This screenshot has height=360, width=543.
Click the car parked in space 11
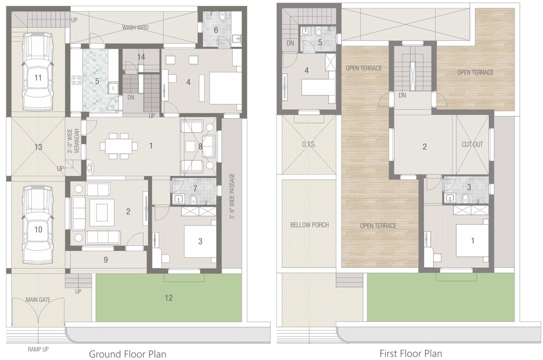(38, 71)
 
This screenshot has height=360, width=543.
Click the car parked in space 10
(38, 225)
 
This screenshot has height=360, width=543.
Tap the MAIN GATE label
(38, 300)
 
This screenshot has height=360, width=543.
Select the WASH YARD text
(135, 28)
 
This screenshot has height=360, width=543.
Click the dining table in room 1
(119, 146)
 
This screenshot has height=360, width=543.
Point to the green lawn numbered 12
(169, 298)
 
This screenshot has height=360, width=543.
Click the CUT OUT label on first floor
(472, 144)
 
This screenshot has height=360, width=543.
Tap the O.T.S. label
(309, 144)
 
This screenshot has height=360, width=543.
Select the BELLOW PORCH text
(310, 225)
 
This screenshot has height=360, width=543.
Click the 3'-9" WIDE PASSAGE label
(232, 196)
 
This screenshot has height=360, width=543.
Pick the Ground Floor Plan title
(127, 354)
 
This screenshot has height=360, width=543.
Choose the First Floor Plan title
(411, 354)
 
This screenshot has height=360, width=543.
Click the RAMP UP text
(38, 349)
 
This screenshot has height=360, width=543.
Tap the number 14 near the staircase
(141, 57)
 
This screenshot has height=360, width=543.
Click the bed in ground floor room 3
(200, 241)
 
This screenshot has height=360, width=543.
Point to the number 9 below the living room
(106, 260)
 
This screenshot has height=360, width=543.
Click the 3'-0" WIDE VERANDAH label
(73, 141)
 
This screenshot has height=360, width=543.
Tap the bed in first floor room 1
(472, 241)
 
